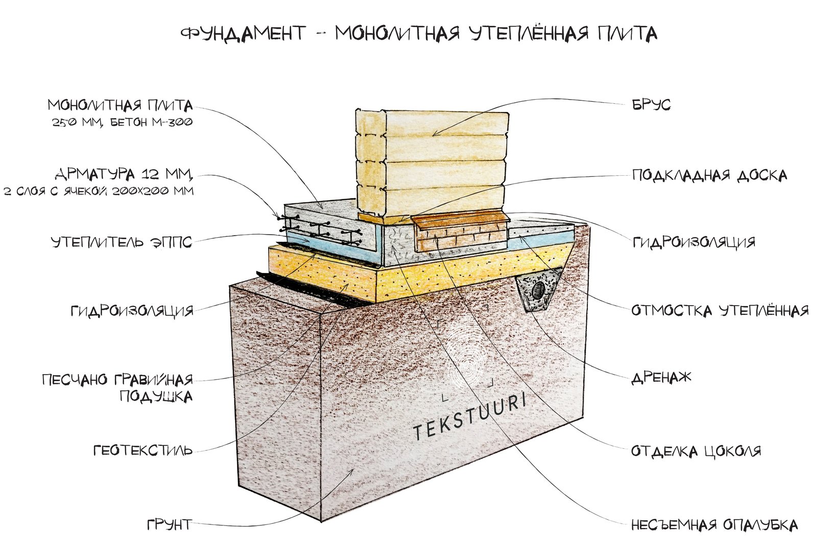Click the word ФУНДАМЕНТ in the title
[243, 34]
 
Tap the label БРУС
[651, 105]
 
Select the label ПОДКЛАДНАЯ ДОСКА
[710, 175]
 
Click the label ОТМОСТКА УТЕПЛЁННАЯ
[720, 310]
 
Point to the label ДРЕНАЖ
[661, 377]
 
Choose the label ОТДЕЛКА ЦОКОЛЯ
[696, 451]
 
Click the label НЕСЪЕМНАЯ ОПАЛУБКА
[714, 525]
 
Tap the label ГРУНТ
[170, 525]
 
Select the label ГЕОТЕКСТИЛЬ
[143, 451]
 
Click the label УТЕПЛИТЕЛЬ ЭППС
[122, 242]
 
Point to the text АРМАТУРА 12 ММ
[124, 173]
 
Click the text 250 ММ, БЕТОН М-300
[122, 122]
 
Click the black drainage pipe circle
[538, 289]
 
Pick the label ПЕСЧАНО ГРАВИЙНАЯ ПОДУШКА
[117, 387]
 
